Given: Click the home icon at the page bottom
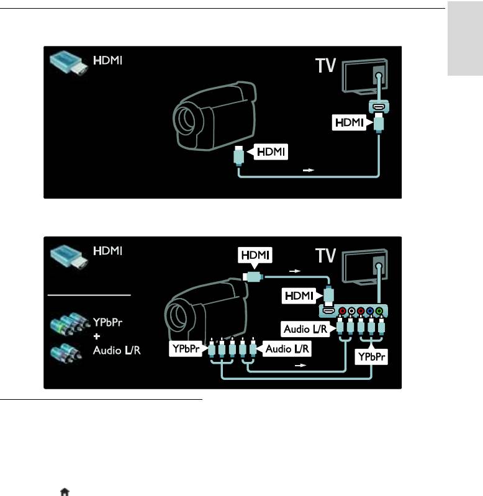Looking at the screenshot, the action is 65,492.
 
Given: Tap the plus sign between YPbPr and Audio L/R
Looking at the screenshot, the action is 97,336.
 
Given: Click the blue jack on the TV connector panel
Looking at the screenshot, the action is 369,311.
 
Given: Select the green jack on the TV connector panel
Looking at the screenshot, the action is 379,311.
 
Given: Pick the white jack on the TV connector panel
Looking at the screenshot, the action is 351,311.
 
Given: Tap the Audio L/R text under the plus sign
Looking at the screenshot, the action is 116,350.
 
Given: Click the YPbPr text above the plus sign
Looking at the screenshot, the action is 107,322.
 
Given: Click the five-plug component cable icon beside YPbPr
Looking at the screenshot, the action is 70,323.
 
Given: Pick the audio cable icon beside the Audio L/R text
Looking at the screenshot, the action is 66,353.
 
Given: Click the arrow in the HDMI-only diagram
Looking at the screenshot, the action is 309,170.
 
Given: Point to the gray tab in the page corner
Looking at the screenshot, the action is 465,38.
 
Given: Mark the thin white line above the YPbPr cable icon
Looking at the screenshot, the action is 89,295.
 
